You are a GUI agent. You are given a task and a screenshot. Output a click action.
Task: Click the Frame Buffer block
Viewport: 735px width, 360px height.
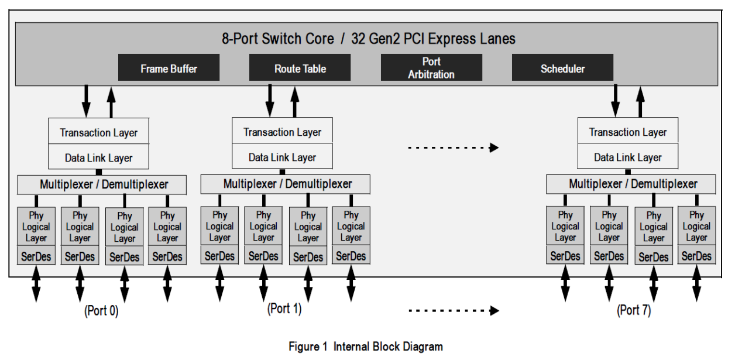(x=169, y=68)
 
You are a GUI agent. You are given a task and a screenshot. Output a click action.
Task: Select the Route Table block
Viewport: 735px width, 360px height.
(x=300, y=68)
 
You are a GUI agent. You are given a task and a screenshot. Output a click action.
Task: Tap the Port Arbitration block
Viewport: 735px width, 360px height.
(x=431, y=68)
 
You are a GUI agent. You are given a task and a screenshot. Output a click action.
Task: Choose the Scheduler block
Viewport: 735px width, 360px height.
(x=562, y=68)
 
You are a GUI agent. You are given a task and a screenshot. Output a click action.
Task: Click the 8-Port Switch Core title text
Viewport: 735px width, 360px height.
(x=368, y=39)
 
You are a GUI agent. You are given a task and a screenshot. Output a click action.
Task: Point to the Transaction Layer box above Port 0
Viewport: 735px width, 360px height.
(x=98, y=132)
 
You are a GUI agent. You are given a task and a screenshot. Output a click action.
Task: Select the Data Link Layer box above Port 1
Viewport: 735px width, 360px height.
(x=282, y=157)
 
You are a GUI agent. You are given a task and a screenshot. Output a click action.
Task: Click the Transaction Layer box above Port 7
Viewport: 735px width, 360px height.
(x=628, y=132)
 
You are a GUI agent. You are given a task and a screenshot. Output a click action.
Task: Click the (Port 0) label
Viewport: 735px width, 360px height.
(x=101, y=311)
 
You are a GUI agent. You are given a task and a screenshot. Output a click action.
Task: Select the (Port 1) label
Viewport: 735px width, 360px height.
(x=284, y=308)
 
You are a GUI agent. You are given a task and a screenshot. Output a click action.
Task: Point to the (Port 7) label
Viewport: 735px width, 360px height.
(x=634, y=310)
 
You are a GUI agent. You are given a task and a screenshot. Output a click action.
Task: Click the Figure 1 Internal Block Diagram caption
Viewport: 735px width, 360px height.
(x=366, y=347)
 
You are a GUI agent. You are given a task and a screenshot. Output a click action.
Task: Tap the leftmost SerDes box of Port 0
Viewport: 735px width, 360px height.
(x=36, y=256)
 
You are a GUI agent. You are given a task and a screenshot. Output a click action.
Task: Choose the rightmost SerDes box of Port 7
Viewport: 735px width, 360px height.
(x=696, y=256)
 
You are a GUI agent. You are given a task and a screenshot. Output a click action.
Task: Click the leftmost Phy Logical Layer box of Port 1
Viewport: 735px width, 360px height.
(x=219, y=227)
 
